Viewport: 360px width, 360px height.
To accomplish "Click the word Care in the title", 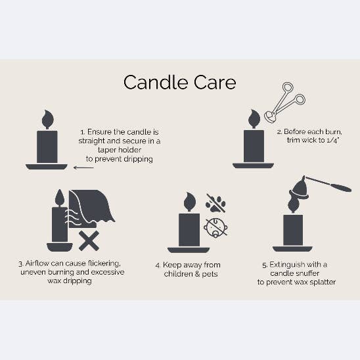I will tap(212, 83).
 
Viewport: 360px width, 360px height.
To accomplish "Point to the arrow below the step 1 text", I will tap(83, 168).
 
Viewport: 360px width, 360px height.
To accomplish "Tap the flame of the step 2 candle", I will tap(254, 120).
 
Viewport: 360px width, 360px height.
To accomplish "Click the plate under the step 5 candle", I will tap(292, 249).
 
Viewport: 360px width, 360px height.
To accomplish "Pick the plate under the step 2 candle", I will tap(254, 165).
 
